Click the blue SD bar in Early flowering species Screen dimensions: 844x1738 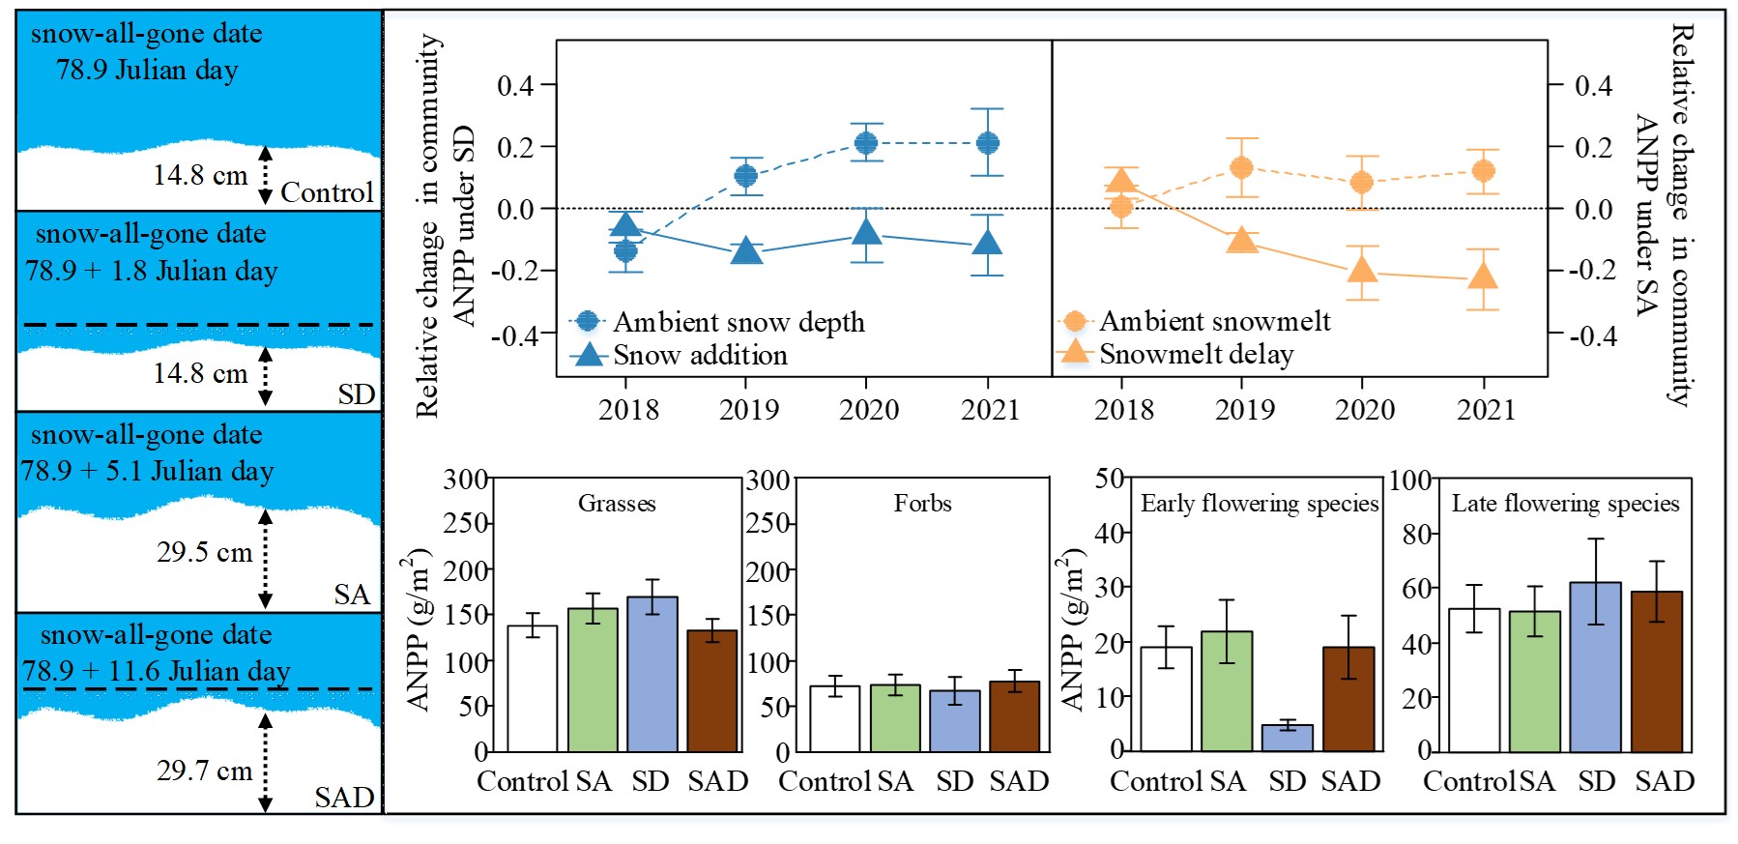pos(1287,738)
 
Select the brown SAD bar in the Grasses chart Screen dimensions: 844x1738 pos(712,691)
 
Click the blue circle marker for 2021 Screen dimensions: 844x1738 pos(987,143)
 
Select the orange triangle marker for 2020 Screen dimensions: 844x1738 pos(1362,270)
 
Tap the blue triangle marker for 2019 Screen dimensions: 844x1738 pos(746,251)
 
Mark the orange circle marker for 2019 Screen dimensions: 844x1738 pos(1242,168)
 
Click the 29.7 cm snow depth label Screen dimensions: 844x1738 pos(204,771)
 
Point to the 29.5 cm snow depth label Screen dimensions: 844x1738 pos(204,552)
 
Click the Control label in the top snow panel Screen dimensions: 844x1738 pos(327,192)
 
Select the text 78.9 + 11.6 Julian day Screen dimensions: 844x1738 pos(156,670)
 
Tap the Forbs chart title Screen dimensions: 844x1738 pos(922,503)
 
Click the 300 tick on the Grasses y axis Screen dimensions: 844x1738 pos(465,480)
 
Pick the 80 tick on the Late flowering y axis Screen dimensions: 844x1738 pos(1416,534)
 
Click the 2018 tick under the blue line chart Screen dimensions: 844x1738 pos(628,410)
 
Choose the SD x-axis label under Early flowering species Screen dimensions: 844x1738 pos(1287,781)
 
